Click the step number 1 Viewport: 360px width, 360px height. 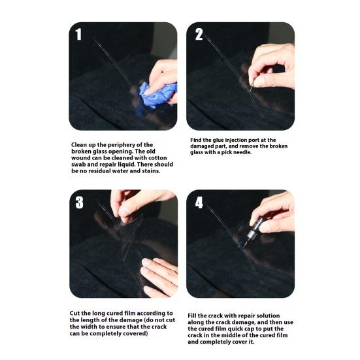tap(78, 35)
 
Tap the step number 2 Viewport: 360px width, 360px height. tap(199, 35)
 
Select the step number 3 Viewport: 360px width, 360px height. tap(79, 203)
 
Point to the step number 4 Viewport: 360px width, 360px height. tap(199, 203)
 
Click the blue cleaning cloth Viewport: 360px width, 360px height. tap(157, 95)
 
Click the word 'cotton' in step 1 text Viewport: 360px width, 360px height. tap(157, 158)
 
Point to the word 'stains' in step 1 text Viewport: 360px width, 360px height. tap(150, 171)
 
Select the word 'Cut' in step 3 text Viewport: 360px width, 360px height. tap(74, 314)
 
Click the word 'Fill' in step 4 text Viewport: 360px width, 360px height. tap(192, 316)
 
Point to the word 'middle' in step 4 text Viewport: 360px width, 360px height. tap(235, 335)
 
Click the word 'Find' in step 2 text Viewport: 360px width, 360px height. tap(196, 140)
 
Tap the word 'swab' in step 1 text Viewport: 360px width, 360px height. tap(78, 165)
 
